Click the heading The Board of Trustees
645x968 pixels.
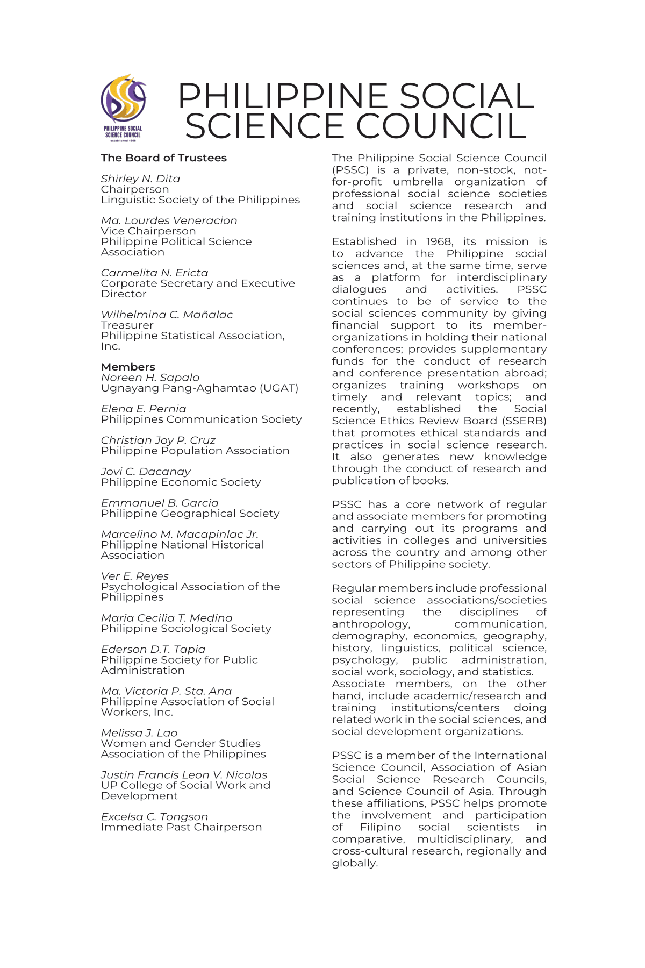(163, 158)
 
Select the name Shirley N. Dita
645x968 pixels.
(140, 179)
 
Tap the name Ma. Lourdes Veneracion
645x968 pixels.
(169, 220)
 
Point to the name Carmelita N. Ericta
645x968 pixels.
(154, 273)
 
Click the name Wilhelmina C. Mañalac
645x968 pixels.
(167, 315)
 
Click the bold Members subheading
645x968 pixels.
(128, 367)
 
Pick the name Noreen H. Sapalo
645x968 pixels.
(150, 378)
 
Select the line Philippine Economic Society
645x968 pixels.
(181, 482)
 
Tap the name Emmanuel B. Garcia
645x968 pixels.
(160, 503)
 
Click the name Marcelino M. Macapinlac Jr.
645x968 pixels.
(180, 534)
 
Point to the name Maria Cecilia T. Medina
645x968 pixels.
(167, 618)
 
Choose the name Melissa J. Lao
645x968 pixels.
(139, 733)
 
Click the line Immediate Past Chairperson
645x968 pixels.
(181, 827)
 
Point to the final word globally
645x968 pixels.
(355, 863)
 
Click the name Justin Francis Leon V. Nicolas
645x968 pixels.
(184, 775)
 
